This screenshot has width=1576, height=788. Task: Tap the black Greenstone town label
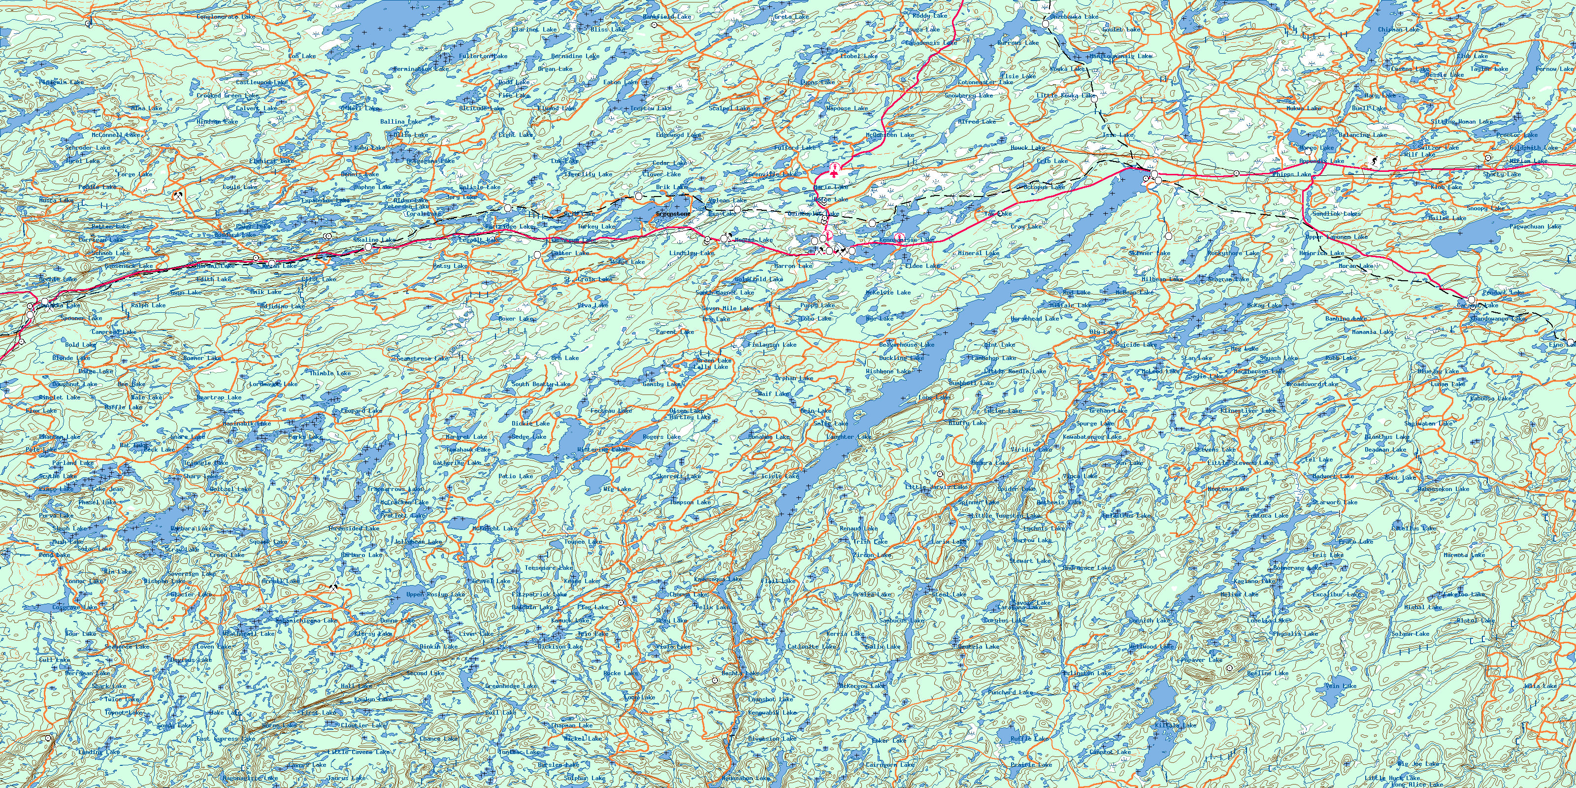pyautogui.click(x=673, y=214)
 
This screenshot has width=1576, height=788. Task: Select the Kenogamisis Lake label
pyautogui.click(x=906, y=240)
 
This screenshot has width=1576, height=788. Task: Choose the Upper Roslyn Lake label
pyautogui.click(x=435, y=594)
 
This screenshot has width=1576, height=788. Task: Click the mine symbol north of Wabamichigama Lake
pyautogui.click(x=333, y=587)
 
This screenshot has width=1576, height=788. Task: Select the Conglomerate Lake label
pyautogui.click(x=226, y=17)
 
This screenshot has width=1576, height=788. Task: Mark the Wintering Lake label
pyautogui.click(x=603, y=450)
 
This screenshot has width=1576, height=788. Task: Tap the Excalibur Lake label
pyautogui.click(x=1337, y=594)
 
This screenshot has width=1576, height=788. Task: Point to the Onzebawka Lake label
pyautogui.click(x=1074, y=17)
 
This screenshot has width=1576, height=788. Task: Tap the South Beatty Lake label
pyautogui.click(x=541, y=384)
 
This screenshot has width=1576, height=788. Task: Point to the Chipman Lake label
pyautogui.click(x=1399, y=30)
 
